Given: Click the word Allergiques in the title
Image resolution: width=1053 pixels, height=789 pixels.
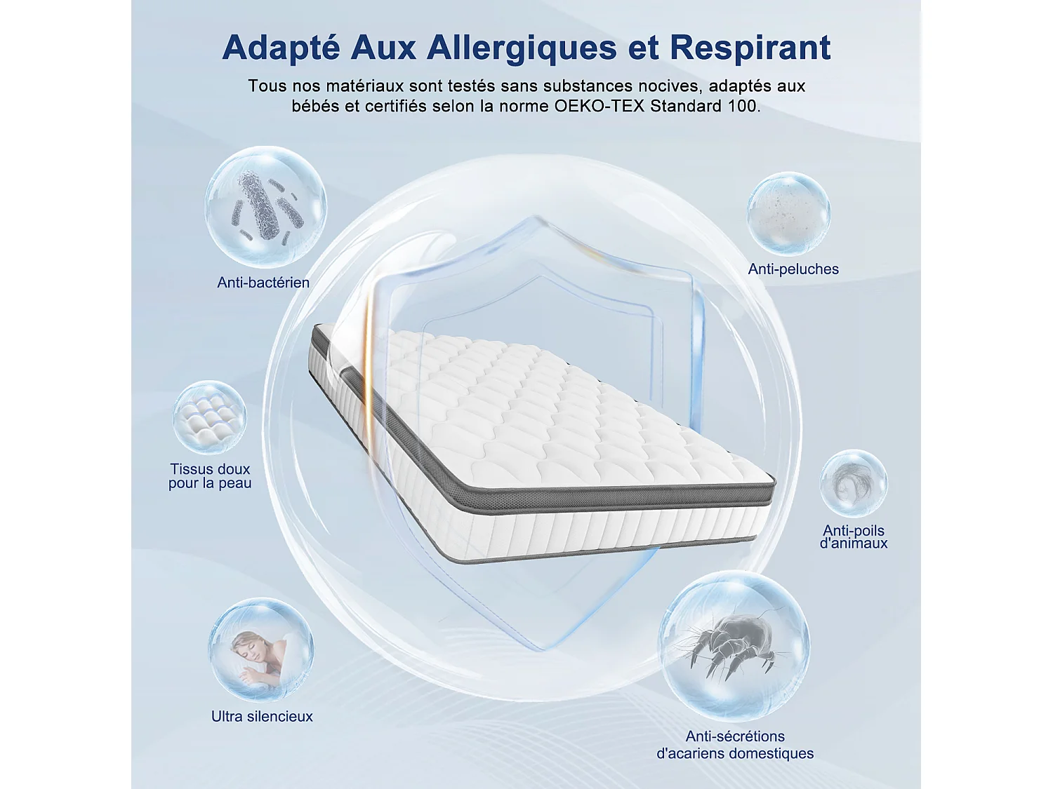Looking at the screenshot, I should (522, 48).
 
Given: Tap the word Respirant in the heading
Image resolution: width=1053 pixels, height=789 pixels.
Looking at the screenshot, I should (750, 48).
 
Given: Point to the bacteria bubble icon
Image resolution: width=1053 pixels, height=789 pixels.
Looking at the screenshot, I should (265, 207).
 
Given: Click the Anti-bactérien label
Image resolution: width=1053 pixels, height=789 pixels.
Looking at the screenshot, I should (263, 283).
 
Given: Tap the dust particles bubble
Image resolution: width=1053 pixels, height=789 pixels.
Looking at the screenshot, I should (788, 213).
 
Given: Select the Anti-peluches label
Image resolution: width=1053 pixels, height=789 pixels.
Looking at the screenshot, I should (793, 269).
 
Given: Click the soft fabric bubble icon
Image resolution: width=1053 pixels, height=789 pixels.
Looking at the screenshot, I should (209, 417).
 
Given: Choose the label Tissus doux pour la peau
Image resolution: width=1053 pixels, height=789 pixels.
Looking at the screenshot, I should (210, 476).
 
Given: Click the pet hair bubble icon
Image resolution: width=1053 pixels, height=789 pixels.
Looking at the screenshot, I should (854, 484).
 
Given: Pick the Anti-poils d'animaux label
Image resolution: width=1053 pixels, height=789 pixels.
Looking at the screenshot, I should (854, 537).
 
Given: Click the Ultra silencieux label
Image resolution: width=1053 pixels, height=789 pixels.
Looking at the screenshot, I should (262, 717).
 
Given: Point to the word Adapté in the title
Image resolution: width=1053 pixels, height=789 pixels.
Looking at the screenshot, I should (281, 48).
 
